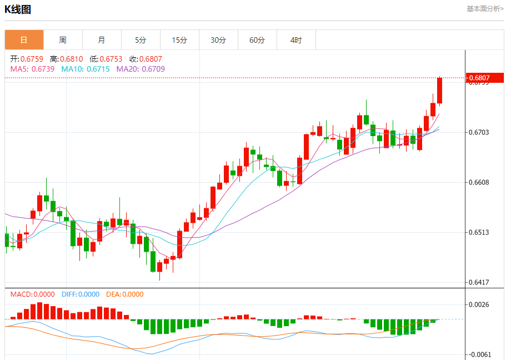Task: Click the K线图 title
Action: (18, 9)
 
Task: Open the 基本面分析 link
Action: (485, 9)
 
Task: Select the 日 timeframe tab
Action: (24, 40)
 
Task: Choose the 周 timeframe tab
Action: (63, 40)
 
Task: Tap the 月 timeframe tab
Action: (102, 40)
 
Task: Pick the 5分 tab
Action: (141, 40)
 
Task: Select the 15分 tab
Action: (179, 40)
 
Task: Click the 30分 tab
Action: (218, 40)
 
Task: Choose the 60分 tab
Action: (257, 40)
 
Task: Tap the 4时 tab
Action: (296, 40)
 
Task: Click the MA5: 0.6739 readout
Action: (32, 69)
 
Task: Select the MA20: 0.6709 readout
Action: (141, 69)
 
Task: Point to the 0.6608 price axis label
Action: (479, 182)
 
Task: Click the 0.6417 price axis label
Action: (479, 282)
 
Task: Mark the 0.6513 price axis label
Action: (479, 232)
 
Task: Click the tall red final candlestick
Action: (440, 91)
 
